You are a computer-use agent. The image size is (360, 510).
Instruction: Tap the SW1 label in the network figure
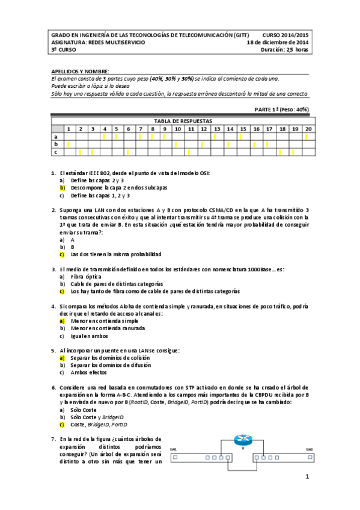[174, 449]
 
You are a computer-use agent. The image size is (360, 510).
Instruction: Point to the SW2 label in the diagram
[309, 449]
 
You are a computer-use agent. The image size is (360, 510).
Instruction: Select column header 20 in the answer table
[308, 129]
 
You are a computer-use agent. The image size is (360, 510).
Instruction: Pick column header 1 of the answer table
[69, 129]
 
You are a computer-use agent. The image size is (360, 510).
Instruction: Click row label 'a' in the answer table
[56, 137]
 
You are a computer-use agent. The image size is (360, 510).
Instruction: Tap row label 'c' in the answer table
[56, 152]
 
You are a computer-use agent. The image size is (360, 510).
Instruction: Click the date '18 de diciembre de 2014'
[278, 43]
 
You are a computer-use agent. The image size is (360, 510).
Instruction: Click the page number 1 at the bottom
[307, 478]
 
